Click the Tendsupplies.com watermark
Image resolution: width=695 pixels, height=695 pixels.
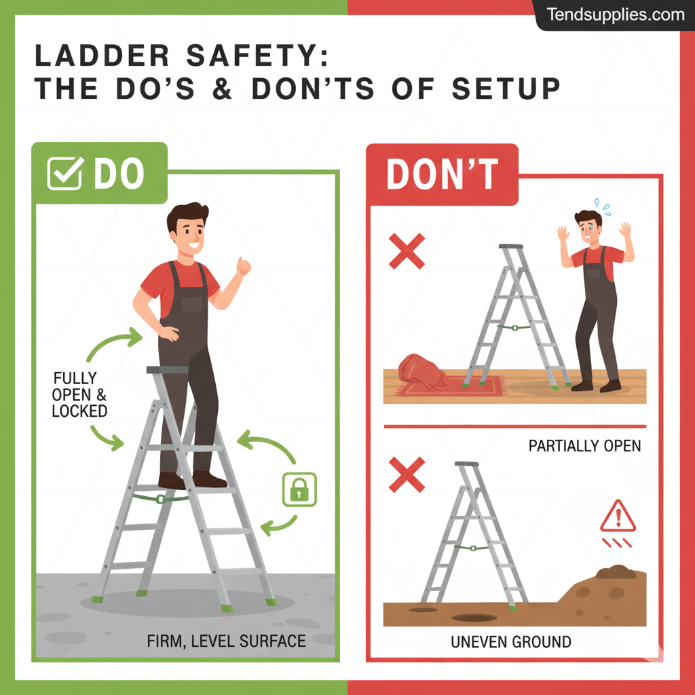[x=615, y=15]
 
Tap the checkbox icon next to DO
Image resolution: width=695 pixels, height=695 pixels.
[x=65, y=173]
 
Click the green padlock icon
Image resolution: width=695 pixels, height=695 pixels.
[x=299, y=489]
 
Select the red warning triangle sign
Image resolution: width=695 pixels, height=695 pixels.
[x=618, y=516]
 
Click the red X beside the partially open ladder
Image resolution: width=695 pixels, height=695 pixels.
[x=407, y=251]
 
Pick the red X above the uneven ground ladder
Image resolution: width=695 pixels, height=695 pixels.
[x=407, y=474]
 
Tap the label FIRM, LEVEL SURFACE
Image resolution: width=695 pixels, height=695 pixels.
[x=226, y=641]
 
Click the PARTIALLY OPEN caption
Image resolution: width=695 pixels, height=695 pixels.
[x=584, y=445]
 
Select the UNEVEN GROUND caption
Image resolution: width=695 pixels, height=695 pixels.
[x=510, y=641]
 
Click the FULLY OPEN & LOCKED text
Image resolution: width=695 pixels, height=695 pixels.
[x=79, y=394]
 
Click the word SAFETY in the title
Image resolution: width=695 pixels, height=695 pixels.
[x=257, y=56]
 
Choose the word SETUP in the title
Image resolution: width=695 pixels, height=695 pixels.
[x=506, y=89]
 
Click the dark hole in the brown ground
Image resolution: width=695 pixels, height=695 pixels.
[x=474, y=618]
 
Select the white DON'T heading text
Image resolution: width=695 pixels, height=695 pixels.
[x=442, y=174]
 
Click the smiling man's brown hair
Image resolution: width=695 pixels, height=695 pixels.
[x=187, y=215]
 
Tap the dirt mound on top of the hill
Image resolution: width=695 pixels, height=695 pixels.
[x=616, y=571]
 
